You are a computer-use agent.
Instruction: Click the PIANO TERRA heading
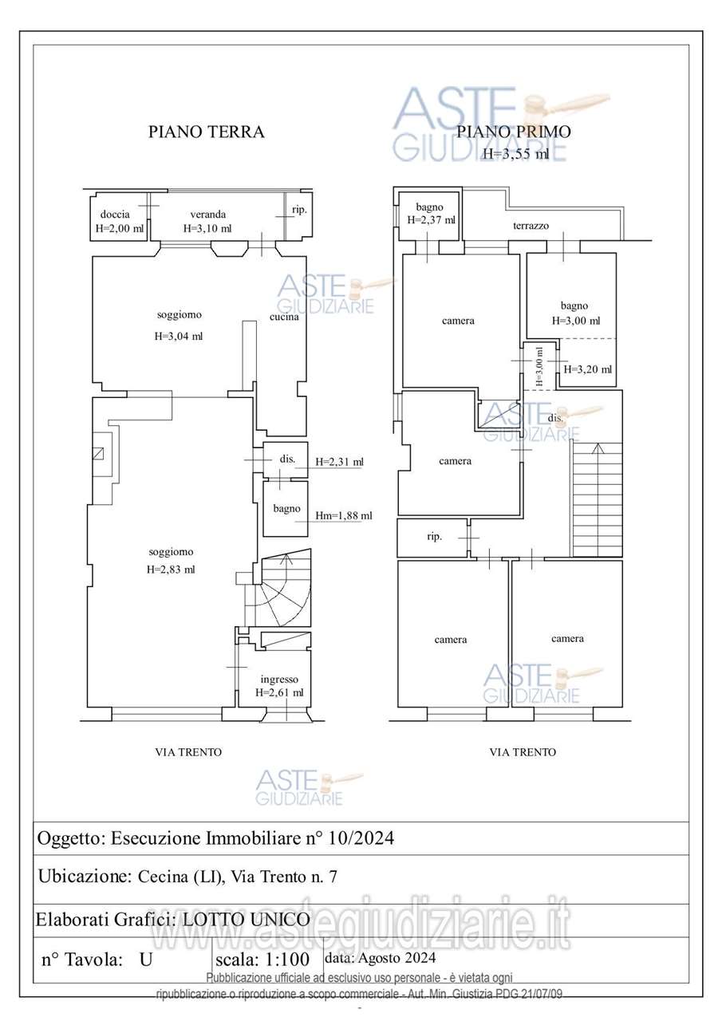pyautogui.click(x=206, y=132)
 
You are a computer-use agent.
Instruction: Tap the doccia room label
pyautogui.click(x=115, y=215)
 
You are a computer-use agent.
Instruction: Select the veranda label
pyautogui.click(x=207, y=215)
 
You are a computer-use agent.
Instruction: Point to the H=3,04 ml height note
pyautogui.click(x=179, y=336)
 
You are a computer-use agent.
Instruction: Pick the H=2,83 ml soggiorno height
pyautogui.click(x=171, y=569)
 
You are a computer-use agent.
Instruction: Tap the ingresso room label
pyautogui.click(x=279, y=680)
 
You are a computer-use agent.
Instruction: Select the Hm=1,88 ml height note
pyautogui.click(x=343, y=516)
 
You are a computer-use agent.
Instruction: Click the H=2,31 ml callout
pyautogui.click(x=339, y=461)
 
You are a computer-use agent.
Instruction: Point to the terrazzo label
pyautogui.click(x=531, y=226)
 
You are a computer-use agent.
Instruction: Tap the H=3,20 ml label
pyautogui.click(x=588, y=369)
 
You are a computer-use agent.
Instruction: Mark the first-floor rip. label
pyautogui.click(x=434, y=537)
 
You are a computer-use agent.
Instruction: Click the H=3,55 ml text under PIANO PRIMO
pyautogui.click(x=515, y=155)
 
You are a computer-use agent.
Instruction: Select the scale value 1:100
pyautogui.click(x=282, y=960)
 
